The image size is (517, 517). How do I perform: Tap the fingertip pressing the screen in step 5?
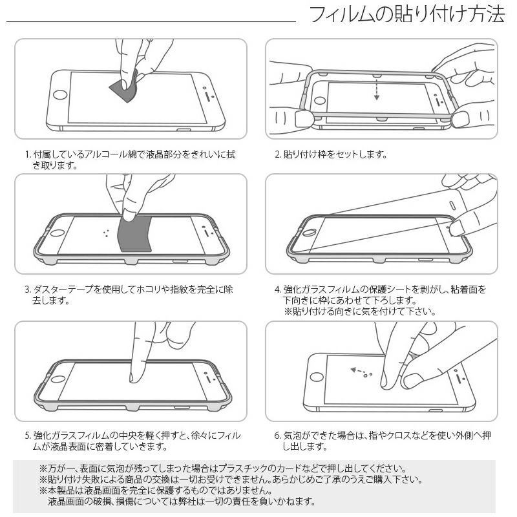click(x=137, y=375)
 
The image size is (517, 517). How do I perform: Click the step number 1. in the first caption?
click(x=28, y=154)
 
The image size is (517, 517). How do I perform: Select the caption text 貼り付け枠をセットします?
click(x=335, y=154)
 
